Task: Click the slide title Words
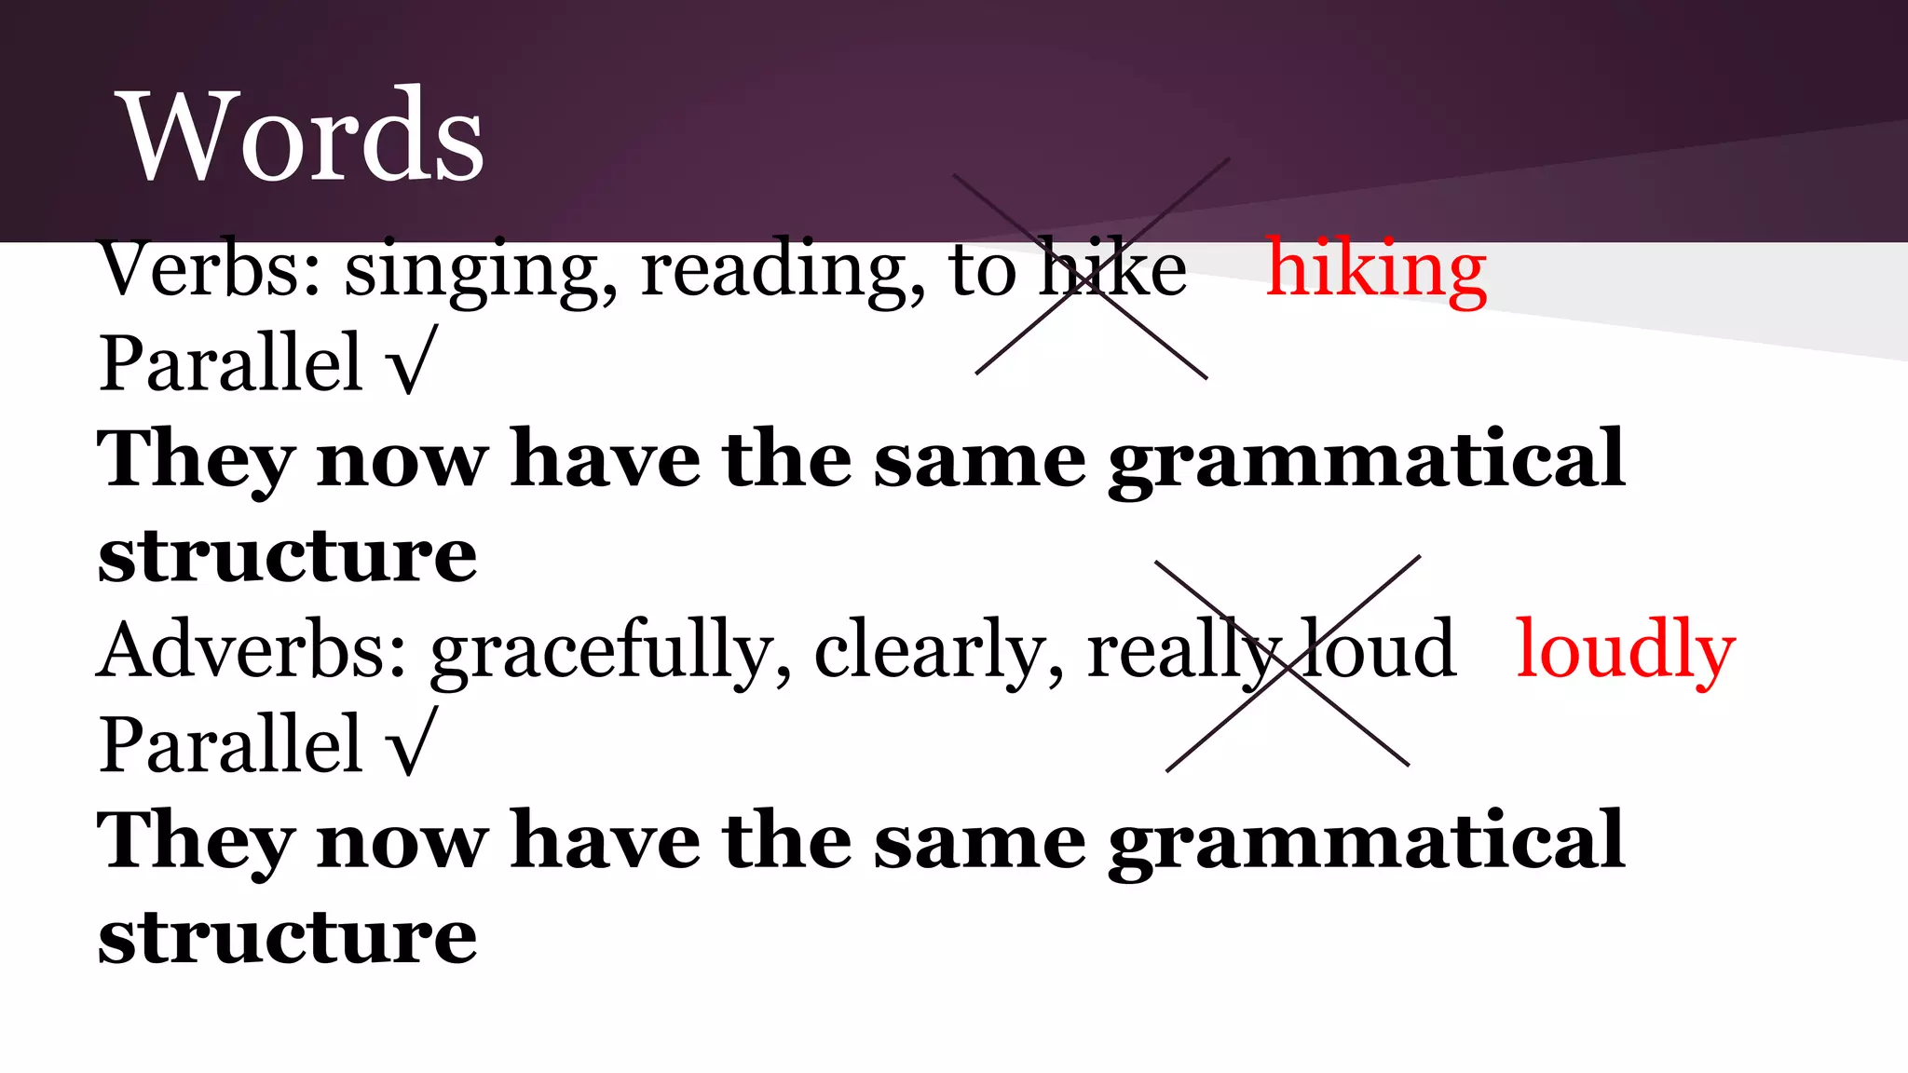click(x=304, y=136)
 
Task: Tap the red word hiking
click(x=1376, y=270)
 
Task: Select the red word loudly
click(x=1626, y=650)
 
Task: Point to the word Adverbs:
click(x=252, y=650)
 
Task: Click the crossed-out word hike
click(x=1113, y=270)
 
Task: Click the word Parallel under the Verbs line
click(x=231, y=363)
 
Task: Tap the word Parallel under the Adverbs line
click(x=231, y=743)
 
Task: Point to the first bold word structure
click(x=287, y=555)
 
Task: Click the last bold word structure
click(x=287, y=937)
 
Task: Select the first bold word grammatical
click(x=1366, y=460)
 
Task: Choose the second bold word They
click(x=196, y=842)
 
